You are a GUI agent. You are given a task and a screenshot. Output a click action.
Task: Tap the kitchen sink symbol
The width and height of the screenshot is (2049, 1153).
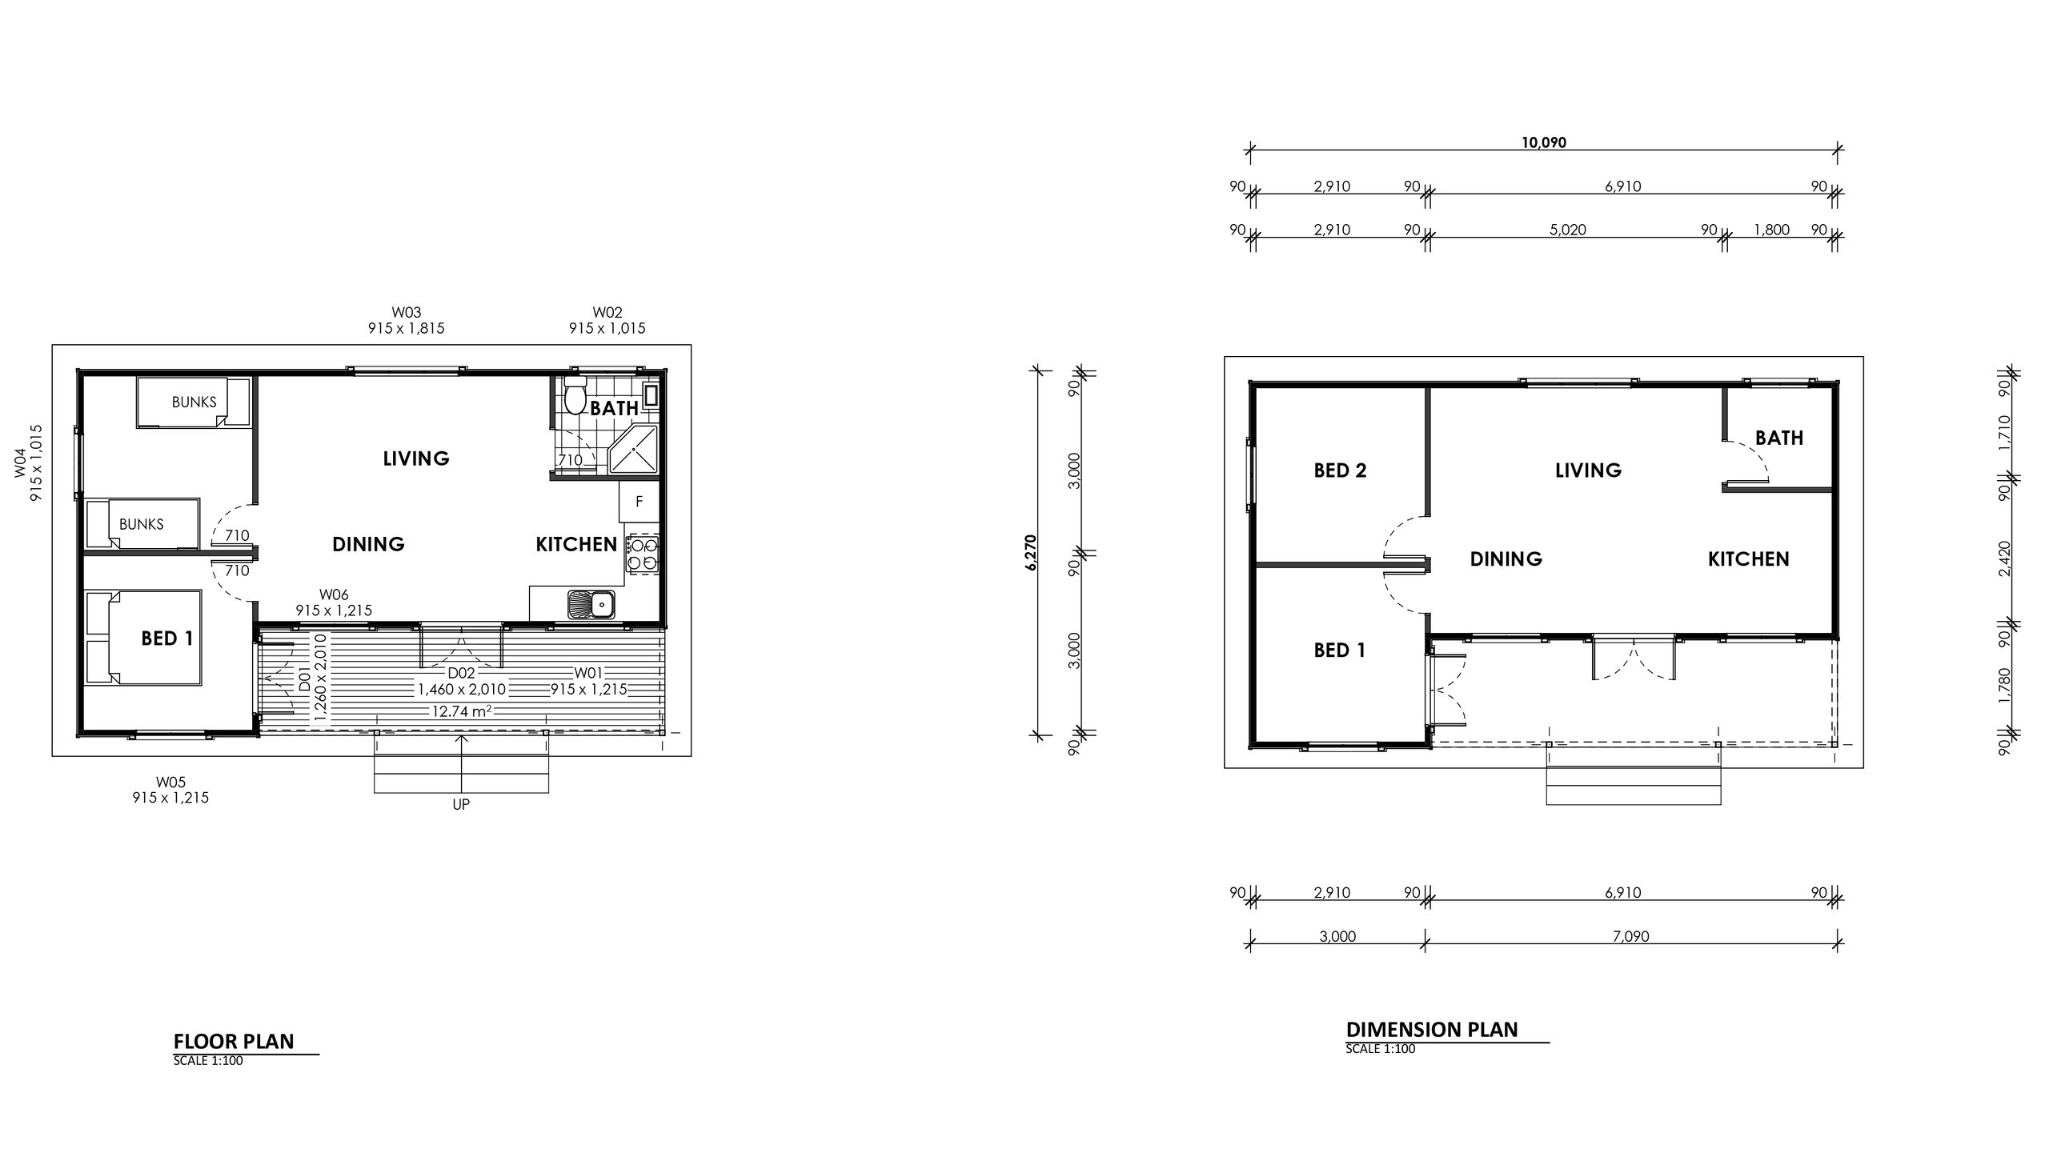pyautogui.click(x=591, y=604)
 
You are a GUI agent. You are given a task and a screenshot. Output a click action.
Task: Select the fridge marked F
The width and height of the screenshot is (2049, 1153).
pyautogui.click(x=639, y=502)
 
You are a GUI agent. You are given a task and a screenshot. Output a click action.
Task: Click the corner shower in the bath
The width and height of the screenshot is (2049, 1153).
pyautogui.click(x=633, y=450)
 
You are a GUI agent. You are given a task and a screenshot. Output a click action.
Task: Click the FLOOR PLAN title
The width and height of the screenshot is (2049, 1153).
pyautogui.click(x=234, y=1041)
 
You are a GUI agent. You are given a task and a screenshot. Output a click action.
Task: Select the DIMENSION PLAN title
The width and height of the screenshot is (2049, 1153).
pyautogui.click(x=1432, y=1029)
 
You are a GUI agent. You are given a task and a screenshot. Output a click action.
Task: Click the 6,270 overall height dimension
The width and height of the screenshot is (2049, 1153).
pyautogui.click(x=1030, y=552)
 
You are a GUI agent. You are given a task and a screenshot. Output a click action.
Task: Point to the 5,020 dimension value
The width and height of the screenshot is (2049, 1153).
pyautogui.click(x=1568, y=230)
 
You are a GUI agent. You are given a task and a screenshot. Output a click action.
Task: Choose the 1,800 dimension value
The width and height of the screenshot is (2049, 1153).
pyautogui.click(x=1771, y=230)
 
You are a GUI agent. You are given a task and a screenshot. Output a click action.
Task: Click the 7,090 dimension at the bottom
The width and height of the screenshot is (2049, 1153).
pyautogui.click(x=1631, y=936)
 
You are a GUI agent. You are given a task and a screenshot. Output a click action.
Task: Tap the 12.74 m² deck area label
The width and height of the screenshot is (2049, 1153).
pyautogui.click(x=460, y=711)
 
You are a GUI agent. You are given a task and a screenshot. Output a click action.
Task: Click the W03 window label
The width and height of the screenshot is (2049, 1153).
pyautogui.click(x=407, y=312)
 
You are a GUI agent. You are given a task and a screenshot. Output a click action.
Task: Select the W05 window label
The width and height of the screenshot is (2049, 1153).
pyautogui.click(x=171, y=782)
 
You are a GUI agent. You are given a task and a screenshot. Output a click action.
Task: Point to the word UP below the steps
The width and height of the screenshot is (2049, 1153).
pyautogui.click(x=461, y=804)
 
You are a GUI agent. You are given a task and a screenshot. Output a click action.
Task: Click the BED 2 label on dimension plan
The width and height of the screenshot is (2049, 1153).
pyautogui.click(x=1340, y=470)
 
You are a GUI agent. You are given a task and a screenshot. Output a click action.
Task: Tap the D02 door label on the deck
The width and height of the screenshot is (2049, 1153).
pyautogui.click(x=462, y=673)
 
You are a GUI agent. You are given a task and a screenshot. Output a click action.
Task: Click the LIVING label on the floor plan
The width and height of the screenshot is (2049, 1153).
pyautogui.click(x=416, y=458)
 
